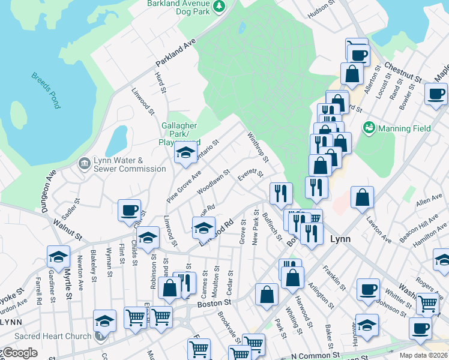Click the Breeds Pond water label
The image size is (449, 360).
pos(46,91)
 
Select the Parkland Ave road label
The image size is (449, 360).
pos(176,54)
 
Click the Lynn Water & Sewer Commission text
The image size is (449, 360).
pos(129,164)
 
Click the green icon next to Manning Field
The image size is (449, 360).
pos(369,128)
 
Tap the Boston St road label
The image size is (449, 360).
pos(213,304)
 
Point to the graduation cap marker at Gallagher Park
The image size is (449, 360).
pos(186,154)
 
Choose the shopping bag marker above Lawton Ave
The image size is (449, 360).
pos(362,198)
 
